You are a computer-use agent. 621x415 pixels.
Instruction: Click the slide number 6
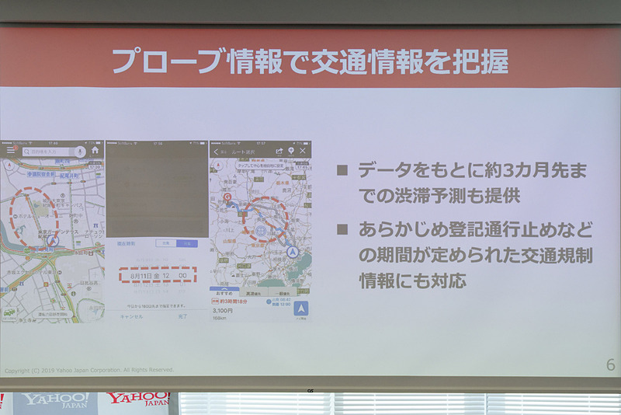click(609, 365)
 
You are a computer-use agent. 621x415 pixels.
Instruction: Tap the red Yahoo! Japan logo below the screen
click(137, 400)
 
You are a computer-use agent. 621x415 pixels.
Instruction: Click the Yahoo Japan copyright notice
click(89, 370)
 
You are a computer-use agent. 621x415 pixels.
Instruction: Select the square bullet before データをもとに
click(342, 171)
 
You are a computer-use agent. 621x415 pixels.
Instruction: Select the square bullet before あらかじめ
click(342, 231)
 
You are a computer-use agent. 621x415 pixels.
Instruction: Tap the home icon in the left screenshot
click(95, 151)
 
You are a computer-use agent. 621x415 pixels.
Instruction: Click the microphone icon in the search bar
click(80, 152)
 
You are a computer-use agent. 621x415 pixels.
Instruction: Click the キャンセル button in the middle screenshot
click(131, 316)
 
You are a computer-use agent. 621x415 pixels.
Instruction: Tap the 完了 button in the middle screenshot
click(182, 316)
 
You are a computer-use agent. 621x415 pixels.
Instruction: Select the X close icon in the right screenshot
click(304, 151)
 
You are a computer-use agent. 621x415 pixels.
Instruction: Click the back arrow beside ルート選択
click(216, 152)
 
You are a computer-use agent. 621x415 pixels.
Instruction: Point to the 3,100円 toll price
click(224, 309)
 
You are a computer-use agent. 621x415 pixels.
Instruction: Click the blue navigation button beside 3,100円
click(300, 309)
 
